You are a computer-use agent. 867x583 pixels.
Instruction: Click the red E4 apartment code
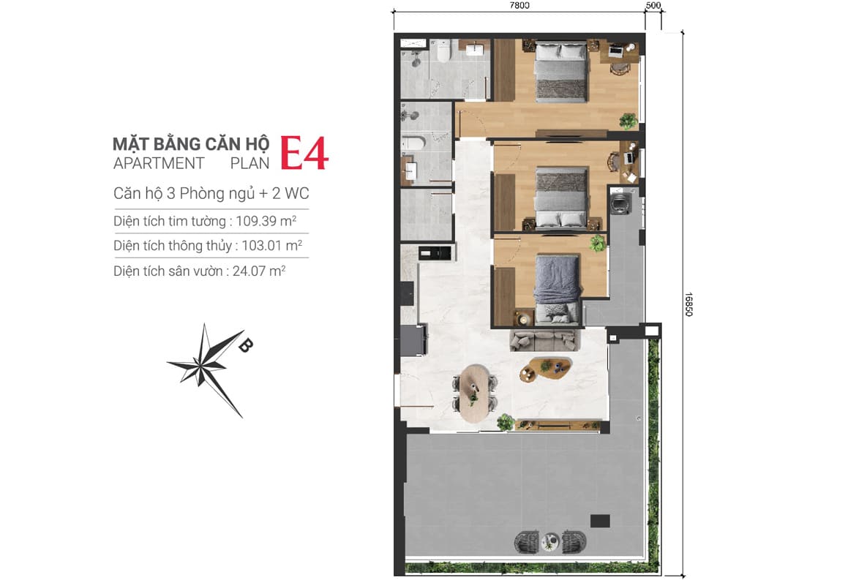pos(304,153)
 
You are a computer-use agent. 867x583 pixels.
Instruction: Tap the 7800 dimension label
pos(519,6)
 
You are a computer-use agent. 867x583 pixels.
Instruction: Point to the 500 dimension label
pos(653,6)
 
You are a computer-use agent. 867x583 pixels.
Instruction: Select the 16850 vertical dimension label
pos(689,304)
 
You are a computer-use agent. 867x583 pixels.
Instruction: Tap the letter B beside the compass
pos(245,345)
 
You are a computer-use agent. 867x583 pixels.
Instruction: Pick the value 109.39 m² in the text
pos(266,221)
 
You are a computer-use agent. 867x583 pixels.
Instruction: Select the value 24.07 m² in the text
pos(259,271)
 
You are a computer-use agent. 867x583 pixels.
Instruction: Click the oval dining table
pos(474,393)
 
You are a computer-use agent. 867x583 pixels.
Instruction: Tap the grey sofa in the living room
pos(544,340)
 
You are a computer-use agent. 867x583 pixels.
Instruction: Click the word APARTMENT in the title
pos(159,164)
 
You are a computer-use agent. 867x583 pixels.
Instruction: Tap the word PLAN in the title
pos(250,164)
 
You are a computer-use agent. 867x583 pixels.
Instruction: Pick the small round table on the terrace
pos(550,541)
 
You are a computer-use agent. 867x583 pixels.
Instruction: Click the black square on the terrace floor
pos(600,521)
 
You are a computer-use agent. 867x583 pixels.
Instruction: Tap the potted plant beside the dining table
pos(505,422)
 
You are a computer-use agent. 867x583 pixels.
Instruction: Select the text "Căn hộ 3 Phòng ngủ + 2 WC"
pos(211,193)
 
